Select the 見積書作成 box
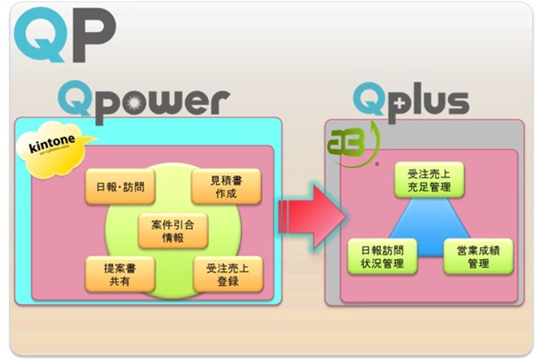[226, 186]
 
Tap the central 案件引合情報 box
[173, 230]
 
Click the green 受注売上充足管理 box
[429, 179]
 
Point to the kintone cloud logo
[57, 147]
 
